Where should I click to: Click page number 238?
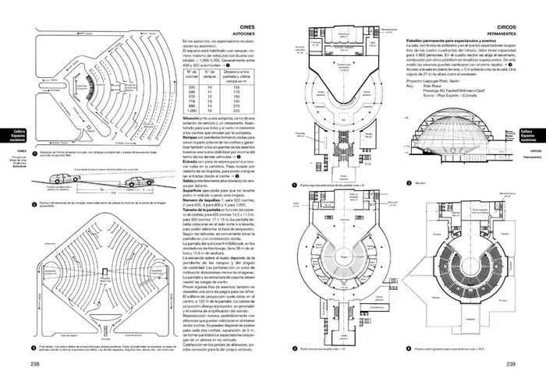point(35,363)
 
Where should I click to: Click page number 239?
point(511,363)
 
